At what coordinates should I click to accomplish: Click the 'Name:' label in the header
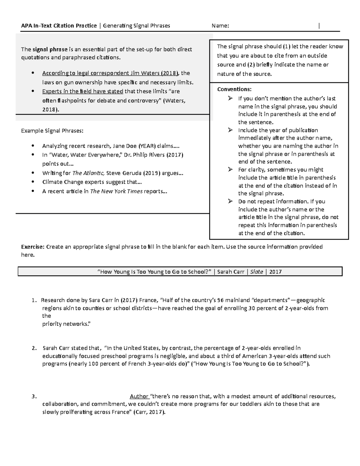click(220, 26)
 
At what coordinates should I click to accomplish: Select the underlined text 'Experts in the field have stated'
click(82, 91)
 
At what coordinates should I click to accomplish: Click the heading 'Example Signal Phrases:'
click(52, 131)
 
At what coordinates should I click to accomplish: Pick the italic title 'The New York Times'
click(116, 191)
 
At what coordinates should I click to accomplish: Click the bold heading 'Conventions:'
click(234, 89)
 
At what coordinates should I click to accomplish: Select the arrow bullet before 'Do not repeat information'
click(230, 201)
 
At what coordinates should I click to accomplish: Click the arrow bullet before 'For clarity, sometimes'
click(230, 170)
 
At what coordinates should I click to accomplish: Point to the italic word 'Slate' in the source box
click(256, 272)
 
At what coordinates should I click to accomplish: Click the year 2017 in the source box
click(275, 272)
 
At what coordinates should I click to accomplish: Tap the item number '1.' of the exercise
click(35, 300)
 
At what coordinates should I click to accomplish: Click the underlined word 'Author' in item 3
click(139, 396)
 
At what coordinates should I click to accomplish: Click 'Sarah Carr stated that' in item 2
click(71, 348)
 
